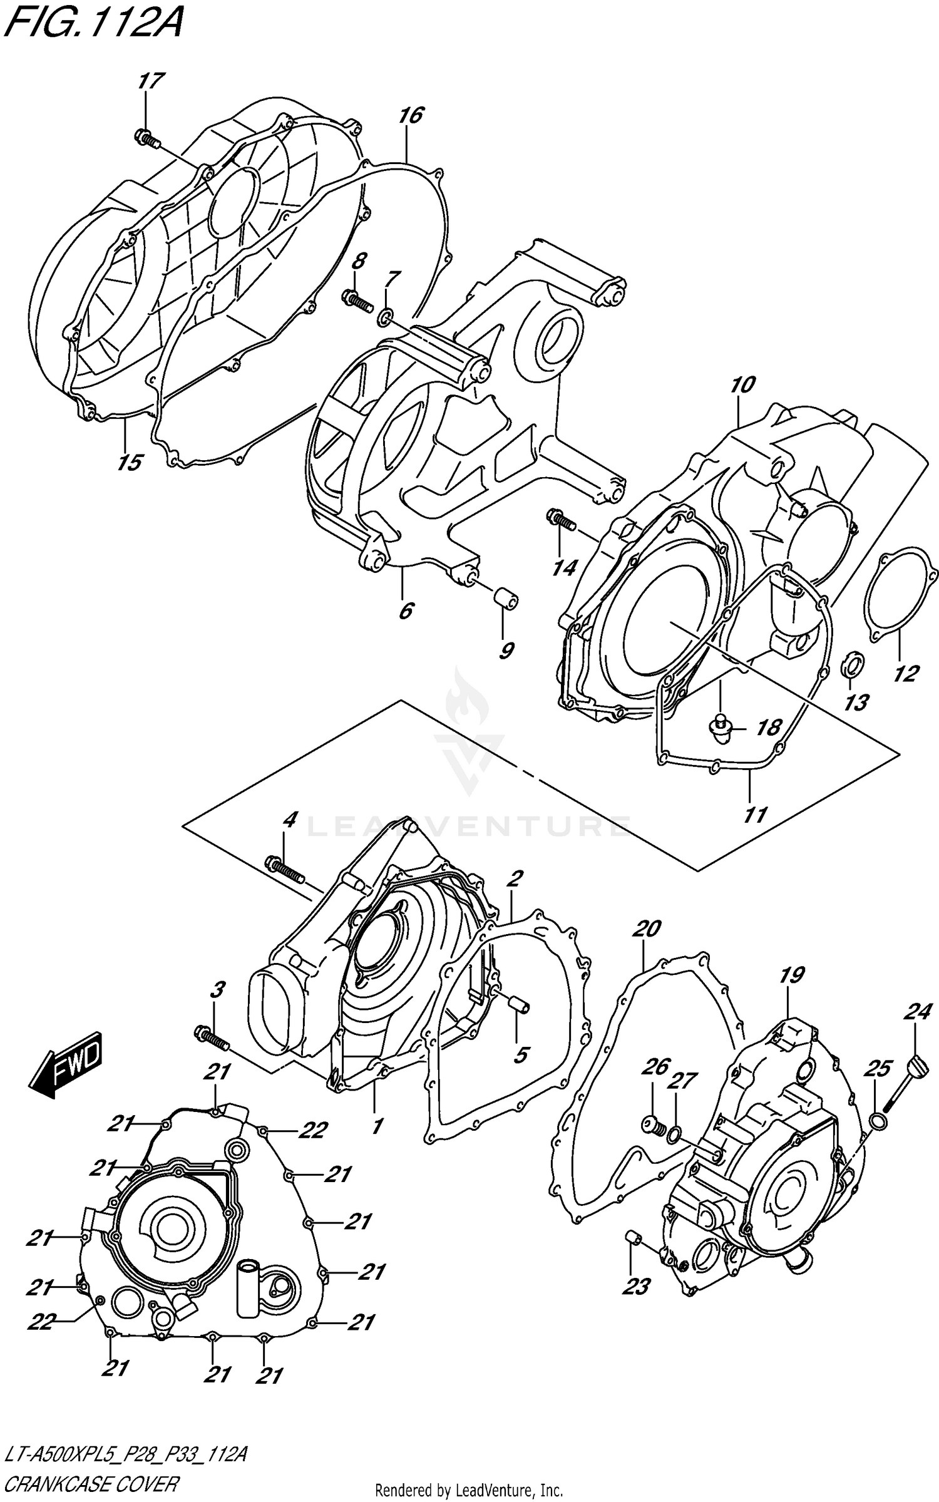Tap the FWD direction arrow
click(65, 1066)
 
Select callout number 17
click(151, 81)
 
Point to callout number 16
click(411, 115)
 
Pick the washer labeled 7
click(383, 315)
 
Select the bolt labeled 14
click(562, 518)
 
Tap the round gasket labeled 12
click(900, 594)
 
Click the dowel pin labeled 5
click(519, 1002)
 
